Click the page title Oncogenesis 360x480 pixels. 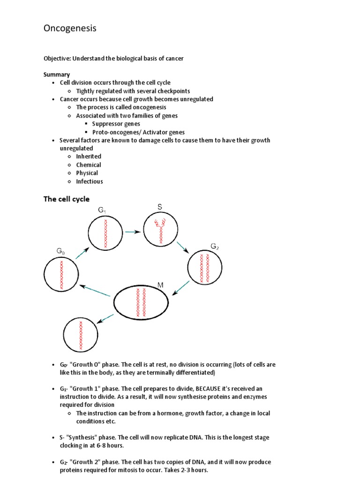(70, 29)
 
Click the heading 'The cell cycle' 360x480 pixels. (66, 199)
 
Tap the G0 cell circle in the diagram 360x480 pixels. (61, 275)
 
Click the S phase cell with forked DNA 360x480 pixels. (160, 229)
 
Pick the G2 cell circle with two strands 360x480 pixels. (205, 268)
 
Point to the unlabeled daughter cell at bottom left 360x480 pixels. (81, 334)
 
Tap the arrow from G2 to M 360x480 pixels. (181, 288)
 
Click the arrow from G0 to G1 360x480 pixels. (82, 253)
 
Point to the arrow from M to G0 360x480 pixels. (96, 291)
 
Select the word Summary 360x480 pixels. (57, 75)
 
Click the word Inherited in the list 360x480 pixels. (89, 156)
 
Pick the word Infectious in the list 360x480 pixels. (90, 181)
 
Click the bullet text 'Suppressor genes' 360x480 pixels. (116, 124)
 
